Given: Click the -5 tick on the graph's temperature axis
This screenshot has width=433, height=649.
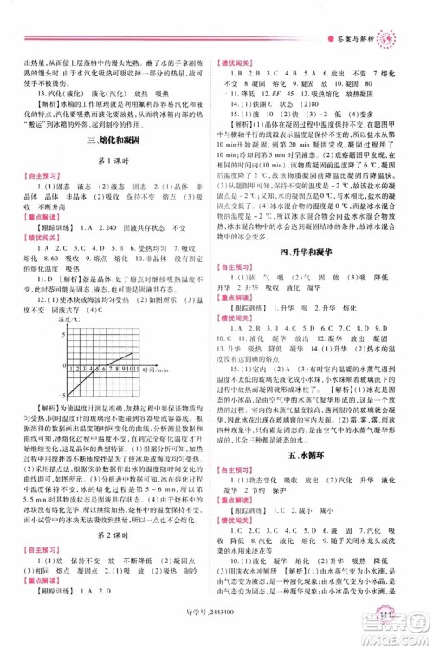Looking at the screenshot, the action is click(x=63, y=394).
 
